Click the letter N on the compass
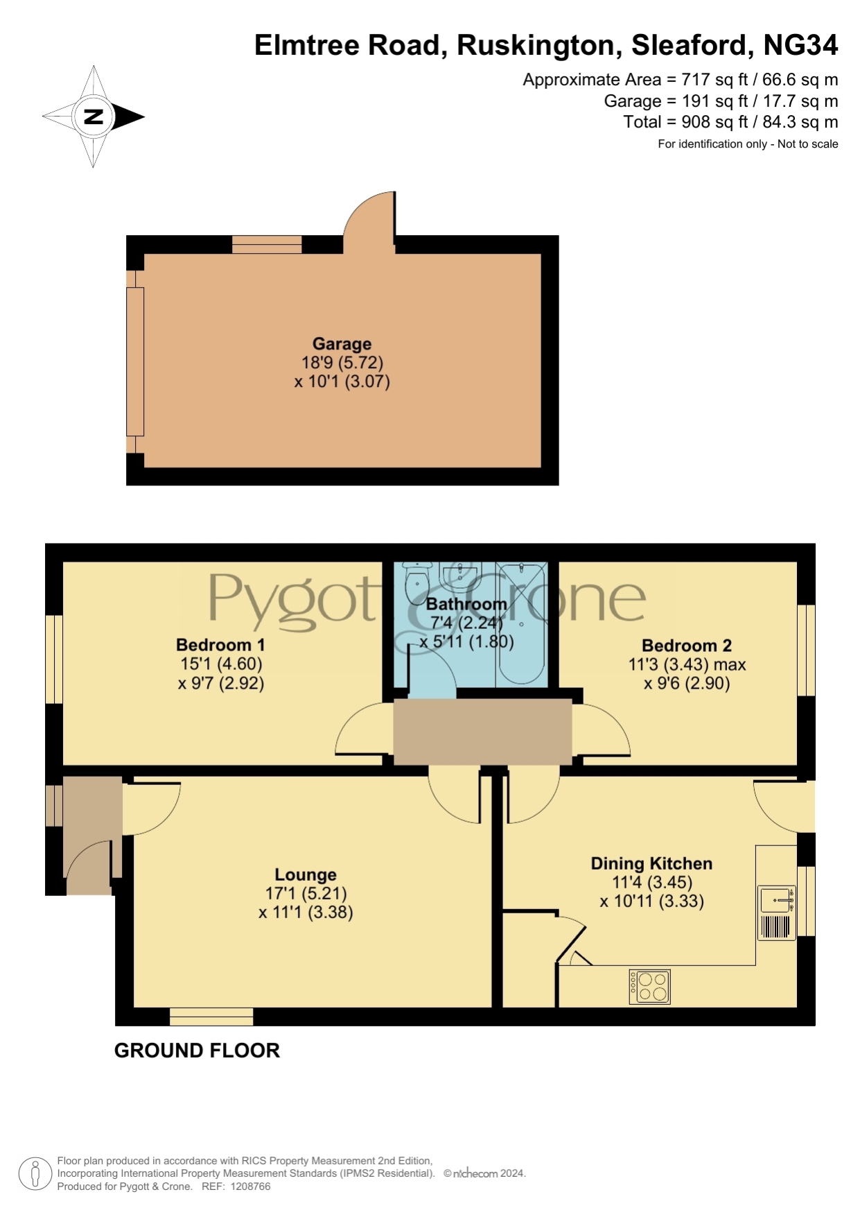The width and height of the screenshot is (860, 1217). pyautogui.click(x=94, y=116)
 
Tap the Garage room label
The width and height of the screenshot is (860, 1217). pyautogui.click(x=342, y=344)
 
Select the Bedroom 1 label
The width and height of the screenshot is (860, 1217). pyautogui.click(x=220, y=645)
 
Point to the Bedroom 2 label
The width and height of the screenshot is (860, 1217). pyautogui.click(x=687, y=646)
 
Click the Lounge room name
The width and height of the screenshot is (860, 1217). pyautogui.click(x=306, y=875)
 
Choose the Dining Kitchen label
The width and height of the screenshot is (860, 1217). pyautogui.click(x=651, y=863)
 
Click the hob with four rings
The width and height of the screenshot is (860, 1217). pyautogui.click(x=650, y=987)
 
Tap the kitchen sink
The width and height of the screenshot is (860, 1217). pyautogui.click(x=777, y=900)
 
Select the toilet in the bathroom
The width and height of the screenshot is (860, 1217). pyautogui.click(x=417, y=581)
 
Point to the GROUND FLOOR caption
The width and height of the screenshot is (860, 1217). pyautogui.click(x=197, y=1051)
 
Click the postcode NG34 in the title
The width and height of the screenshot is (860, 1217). pyautogui.click(x=800, y=45)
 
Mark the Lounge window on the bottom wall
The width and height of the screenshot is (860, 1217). pyautogui.click(x=211, y=1017)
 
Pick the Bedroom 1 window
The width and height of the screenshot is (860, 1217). pyautogui.click(x=54, y=659)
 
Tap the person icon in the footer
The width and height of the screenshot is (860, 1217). pyautogui.click(x=35, y=1174)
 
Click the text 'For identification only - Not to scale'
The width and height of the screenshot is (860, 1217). pyautogui.click(x=748, y=144)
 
